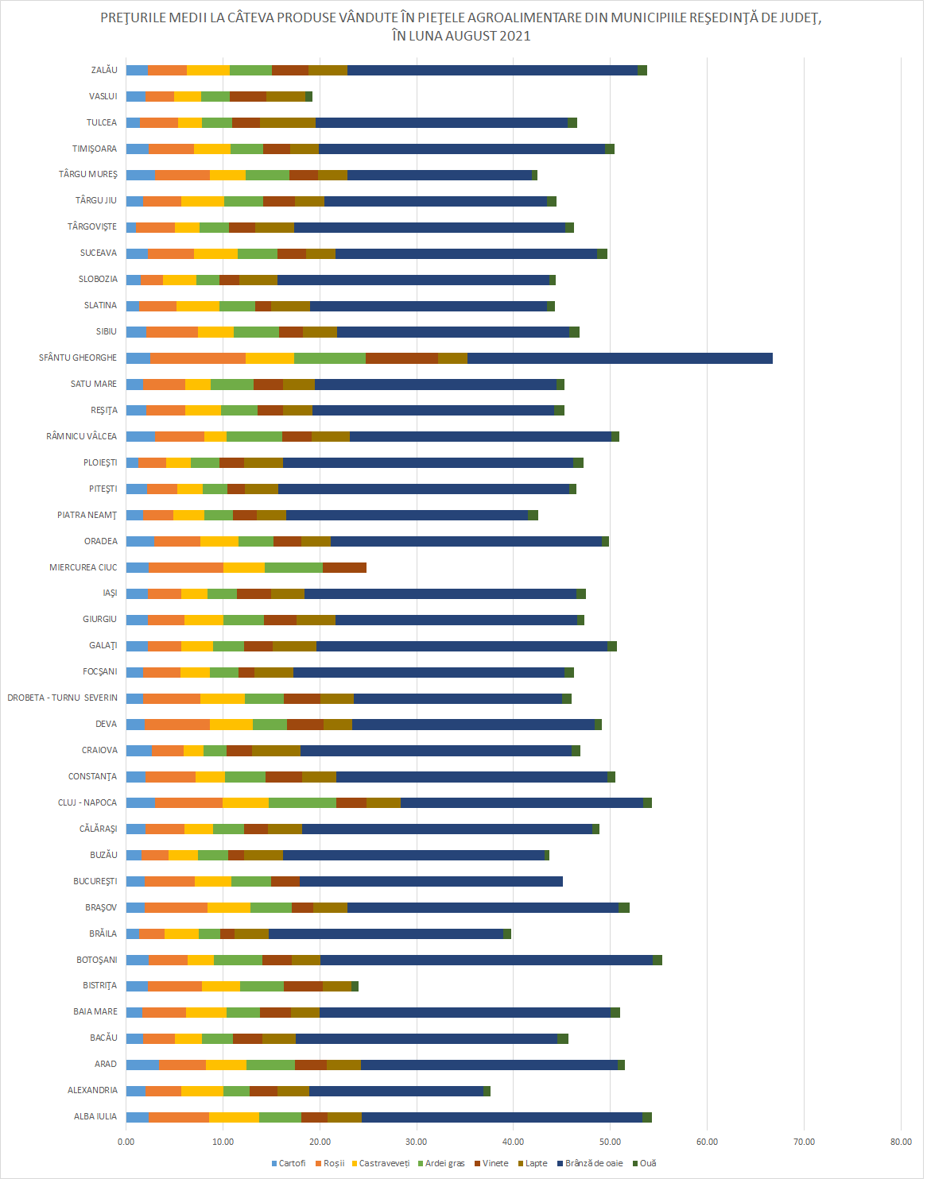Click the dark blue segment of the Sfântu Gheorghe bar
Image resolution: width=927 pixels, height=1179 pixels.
[x=620, y=358]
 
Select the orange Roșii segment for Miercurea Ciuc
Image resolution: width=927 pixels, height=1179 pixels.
[x=186, y=567]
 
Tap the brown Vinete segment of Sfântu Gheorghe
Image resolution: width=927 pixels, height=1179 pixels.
[x=401, y=358]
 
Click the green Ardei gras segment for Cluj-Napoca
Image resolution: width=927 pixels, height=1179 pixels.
[x=302, y=803]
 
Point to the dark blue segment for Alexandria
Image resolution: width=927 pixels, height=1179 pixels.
[x=396, y=1091]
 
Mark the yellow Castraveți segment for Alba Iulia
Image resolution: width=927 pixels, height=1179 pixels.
[x=234, y=1117]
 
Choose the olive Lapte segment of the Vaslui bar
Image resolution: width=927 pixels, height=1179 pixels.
[x=285, y=97]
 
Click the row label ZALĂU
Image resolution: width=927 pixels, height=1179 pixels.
[x=104, y=71]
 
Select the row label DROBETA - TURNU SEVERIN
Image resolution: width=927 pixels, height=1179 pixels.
[x=63, y=698]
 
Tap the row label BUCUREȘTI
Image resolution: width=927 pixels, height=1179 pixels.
[x=95, y=882]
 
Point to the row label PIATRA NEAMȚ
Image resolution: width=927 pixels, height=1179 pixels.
[x=87, y=516]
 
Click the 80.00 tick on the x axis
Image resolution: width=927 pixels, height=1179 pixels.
[x=901, y=1142]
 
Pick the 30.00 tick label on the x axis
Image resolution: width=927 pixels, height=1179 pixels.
[x=417, y=1142]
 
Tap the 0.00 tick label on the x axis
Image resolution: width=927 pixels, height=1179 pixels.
[x=126, y=1142]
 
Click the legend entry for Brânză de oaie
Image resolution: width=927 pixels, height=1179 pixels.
[x=593, y=1163]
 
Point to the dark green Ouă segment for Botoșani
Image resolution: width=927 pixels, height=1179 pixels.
[x=657, y=961]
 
